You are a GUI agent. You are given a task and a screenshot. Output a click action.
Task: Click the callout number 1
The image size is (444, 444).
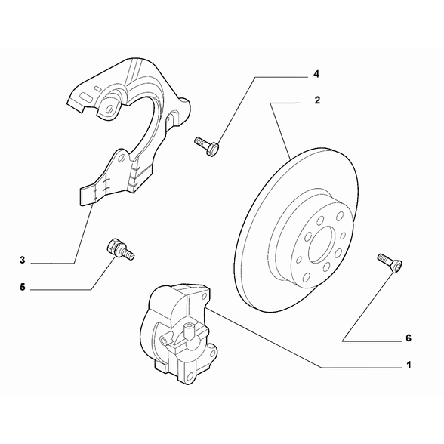[408, 365]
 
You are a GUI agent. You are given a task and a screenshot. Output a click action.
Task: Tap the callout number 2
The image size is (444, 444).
[318, 99]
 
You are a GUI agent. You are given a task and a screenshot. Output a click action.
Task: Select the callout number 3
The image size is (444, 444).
[23, 261]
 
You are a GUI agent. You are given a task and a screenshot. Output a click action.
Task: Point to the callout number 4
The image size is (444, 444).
[317, 74]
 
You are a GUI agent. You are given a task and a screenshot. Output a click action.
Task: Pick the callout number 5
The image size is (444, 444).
[23, 288]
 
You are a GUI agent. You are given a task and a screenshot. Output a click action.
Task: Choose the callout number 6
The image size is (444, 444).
[408, 338]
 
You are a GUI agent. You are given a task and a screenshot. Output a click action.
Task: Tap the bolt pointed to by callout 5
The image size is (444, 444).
[119, 249]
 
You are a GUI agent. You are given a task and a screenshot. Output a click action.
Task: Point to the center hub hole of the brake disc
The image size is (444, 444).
[319, 240]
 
